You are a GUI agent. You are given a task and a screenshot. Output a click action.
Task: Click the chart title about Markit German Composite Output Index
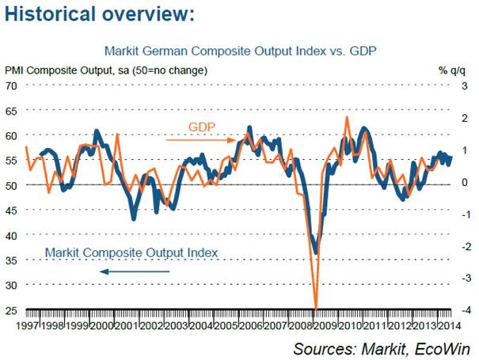tap(239, 51)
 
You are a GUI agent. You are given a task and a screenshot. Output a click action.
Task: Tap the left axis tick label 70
tap(12, 85)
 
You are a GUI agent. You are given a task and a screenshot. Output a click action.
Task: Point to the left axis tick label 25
tap(12, 309)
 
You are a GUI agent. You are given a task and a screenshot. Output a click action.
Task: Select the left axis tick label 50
tap(12, 184)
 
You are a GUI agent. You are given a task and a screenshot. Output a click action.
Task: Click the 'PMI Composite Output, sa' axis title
tap(107, 70)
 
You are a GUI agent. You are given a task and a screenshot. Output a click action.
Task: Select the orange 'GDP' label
tap(202, 127)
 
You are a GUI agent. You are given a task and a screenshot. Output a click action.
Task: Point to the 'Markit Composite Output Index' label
tap(131, 252)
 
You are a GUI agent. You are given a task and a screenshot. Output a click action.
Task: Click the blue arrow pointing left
tap(135, 271)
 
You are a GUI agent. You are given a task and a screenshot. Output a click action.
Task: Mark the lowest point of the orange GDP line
tap(316, 308)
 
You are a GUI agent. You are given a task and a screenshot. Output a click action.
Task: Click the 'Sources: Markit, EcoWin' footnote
tap(381, 348)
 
